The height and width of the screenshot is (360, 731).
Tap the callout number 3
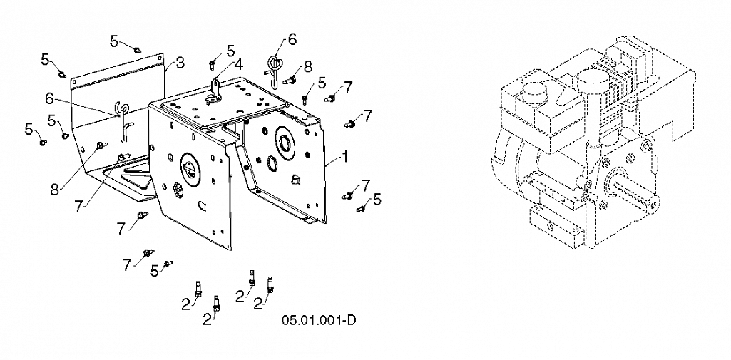pyautogui.click(x=180, y=63)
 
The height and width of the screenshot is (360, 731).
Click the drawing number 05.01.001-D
pyautogui.click(x=320, y=319)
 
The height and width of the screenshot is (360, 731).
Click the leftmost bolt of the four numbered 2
pyautogui.click(x=199, y=288)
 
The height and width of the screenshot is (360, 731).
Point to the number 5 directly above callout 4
pyautogui.click(x=230, y=51)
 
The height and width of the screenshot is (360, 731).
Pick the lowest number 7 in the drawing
pyautogui.click(x=127, y=264)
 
